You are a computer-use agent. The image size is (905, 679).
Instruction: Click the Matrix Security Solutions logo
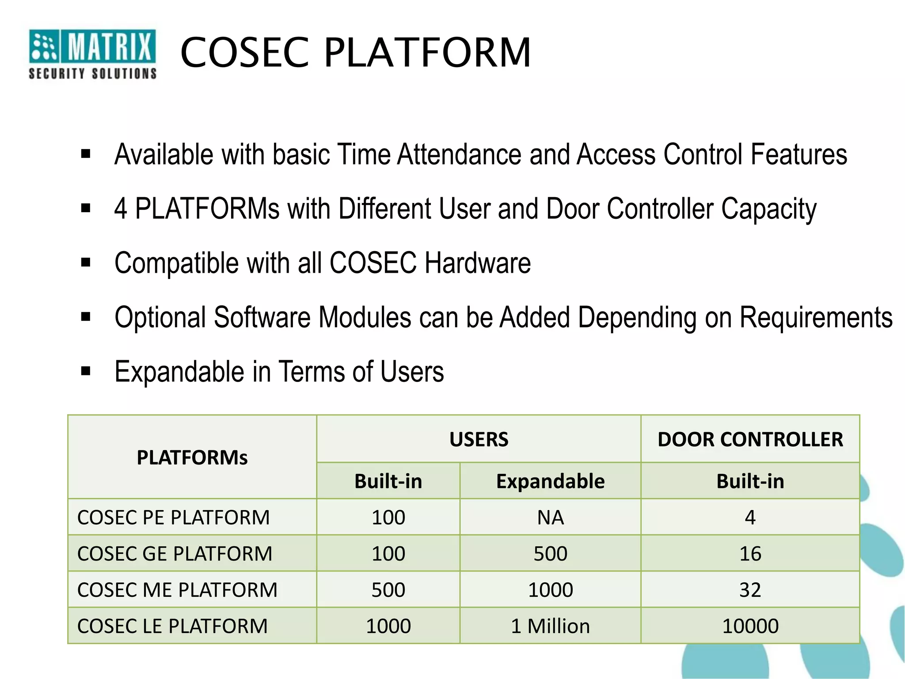pos(92,54)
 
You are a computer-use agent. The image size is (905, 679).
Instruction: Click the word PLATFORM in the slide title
pos(427,53)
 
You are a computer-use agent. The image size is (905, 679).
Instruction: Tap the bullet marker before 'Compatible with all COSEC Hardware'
pos(86,263)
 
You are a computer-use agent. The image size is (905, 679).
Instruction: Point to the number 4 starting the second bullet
pos(121,209)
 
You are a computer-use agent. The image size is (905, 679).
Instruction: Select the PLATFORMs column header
pos(192,458)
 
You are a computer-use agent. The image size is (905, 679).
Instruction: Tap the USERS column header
pos(479,439)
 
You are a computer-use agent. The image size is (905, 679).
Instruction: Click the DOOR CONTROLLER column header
pos(750,439)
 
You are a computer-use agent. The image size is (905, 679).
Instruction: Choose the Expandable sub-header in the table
pos(550,481)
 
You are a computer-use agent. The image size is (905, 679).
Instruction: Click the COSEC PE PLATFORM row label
pos(173,518)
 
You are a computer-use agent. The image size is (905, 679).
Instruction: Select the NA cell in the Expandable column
pos(550,518)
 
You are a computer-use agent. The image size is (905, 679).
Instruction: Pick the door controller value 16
pos(750,554)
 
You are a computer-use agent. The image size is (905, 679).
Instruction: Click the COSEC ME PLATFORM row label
pos(177,590)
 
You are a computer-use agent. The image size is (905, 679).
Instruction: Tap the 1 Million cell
pos(550,626)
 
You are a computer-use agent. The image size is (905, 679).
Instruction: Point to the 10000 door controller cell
pos(750,626)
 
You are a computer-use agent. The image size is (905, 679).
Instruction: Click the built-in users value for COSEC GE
pos(388,554)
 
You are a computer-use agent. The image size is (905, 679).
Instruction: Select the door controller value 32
pos(750,590)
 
